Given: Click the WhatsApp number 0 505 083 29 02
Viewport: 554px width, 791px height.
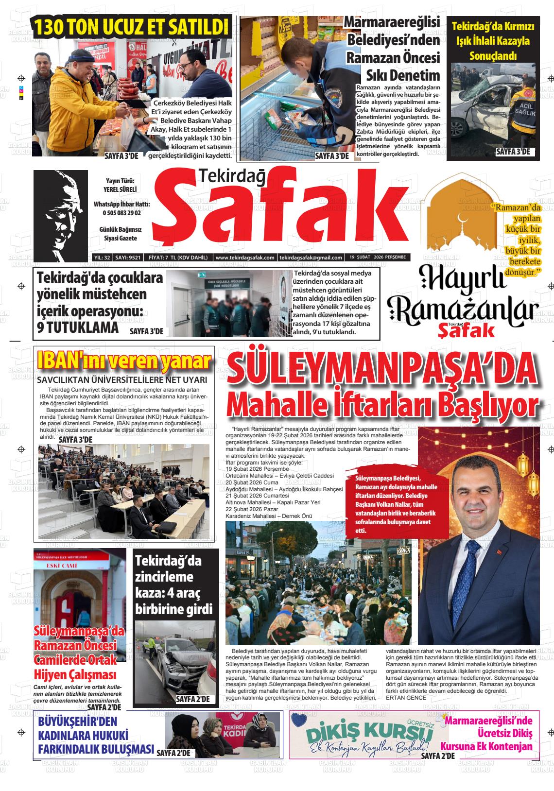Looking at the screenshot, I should (121, 213).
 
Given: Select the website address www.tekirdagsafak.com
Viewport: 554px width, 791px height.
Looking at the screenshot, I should (244, 258).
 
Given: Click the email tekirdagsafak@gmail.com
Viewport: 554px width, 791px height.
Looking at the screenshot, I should (311, 258).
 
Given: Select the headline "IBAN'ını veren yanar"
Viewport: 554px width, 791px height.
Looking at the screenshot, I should (124, 361).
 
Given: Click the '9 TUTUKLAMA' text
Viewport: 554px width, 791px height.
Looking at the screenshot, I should (78, 327).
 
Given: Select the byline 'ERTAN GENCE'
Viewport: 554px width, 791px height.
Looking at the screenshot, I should (406, 698).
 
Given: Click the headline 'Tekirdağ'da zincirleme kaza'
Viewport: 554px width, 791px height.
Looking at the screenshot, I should (174, 585).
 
